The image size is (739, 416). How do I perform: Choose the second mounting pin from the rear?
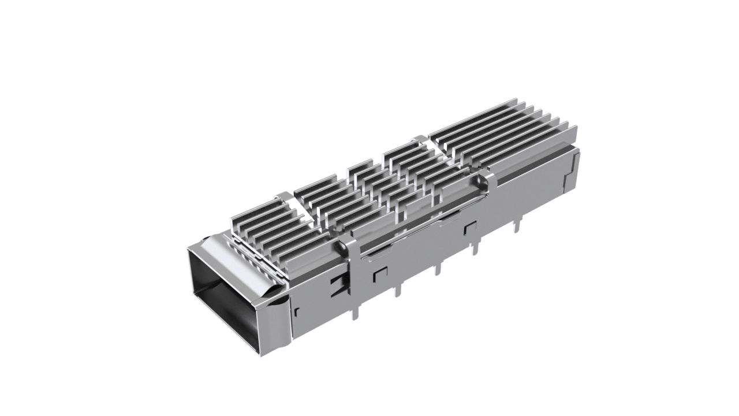click(475, 248)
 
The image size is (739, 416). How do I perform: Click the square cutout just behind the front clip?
click(381, 272)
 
